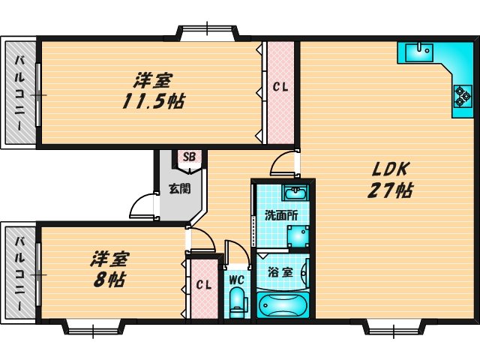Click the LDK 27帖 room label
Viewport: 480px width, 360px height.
(x=389, y=180)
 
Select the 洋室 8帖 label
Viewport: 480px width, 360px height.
(x=109, y=270)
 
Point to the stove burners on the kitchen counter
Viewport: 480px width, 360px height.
(x=460, y=95)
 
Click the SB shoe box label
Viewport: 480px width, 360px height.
(x=189, y=157)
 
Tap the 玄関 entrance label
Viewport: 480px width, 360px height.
(x=178, y=188)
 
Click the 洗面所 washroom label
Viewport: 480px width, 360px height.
(x=281, y=215)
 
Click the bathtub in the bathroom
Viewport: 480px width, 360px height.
(x=283, y=305)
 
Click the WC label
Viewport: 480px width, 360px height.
(x=236, y=280)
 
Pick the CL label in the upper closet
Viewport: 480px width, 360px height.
(x=280, y=87)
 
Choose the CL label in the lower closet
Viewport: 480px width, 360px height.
(x=202, y=285)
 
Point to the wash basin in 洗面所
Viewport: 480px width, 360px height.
(x=293, y=191)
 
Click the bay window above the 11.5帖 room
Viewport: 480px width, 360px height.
(x=208, y=31)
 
